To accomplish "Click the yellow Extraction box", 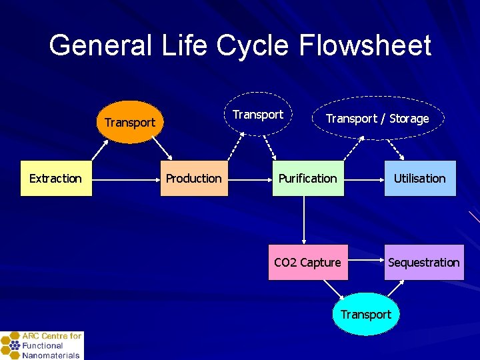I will point(56,178).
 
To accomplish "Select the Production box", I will point(193,178).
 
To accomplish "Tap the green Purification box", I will point(307,178).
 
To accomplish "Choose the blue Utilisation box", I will point(419,178).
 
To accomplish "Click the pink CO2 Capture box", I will point(307,262).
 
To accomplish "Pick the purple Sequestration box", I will point(423,262).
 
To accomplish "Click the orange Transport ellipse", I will point(130,122).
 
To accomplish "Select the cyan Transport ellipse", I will point(365,314).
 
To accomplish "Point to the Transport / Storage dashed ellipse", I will point(377,119).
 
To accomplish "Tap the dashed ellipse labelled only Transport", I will point(258,115).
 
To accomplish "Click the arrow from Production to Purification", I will point(249,179).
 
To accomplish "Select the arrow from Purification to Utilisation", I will point(363,179).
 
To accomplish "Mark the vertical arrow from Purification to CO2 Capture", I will point(304,220).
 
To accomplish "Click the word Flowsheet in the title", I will point(365,45).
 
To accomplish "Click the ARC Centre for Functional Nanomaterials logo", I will point(41,345).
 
